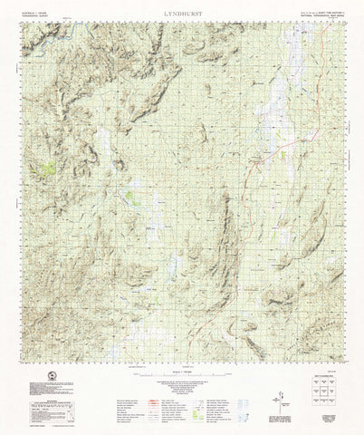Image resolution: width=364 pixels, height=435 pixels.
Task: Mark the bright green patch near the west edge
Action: tap(52, 169)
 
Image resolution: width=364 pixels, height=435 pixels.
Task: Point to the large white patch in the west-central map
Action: tap(109, 145)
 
